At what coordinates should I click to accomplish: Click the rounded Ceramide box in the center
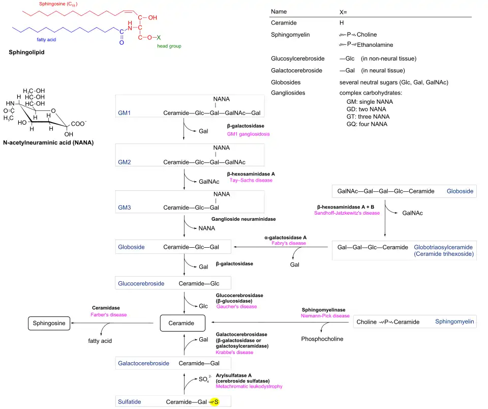(182, 323)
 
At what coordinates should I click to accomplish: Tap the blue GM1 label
(125, 112)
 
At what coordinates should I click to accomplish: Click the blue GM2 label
(125, 162)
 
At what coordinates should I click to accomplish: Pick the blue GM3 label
(125, 208)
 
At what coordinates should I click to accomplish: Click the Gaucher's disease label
(236, 307)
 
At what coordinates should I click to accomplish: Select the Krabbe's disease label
(234, 352)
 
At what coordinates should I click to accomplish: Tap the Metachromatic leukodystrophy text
(249, 386)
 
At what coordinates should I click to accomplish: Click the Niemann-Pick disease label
(325, 316)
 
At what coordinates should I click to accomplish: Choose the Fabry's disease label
(289, 243)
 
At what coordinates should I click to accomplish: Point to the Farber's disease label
(109, 314)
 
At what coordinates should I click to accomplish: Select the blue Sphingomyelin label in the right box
(454, 322)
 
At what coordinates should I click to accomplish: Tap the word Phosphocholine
(322, 339)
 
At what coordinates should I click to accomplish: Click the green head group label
(169, 46)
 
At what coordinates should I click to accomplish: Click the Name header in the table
(279, 11)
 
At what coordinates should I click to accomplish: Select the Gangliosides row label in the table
(290, 93)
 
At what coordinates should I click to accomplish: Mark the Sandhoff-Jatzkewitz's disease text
(347, 213)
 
